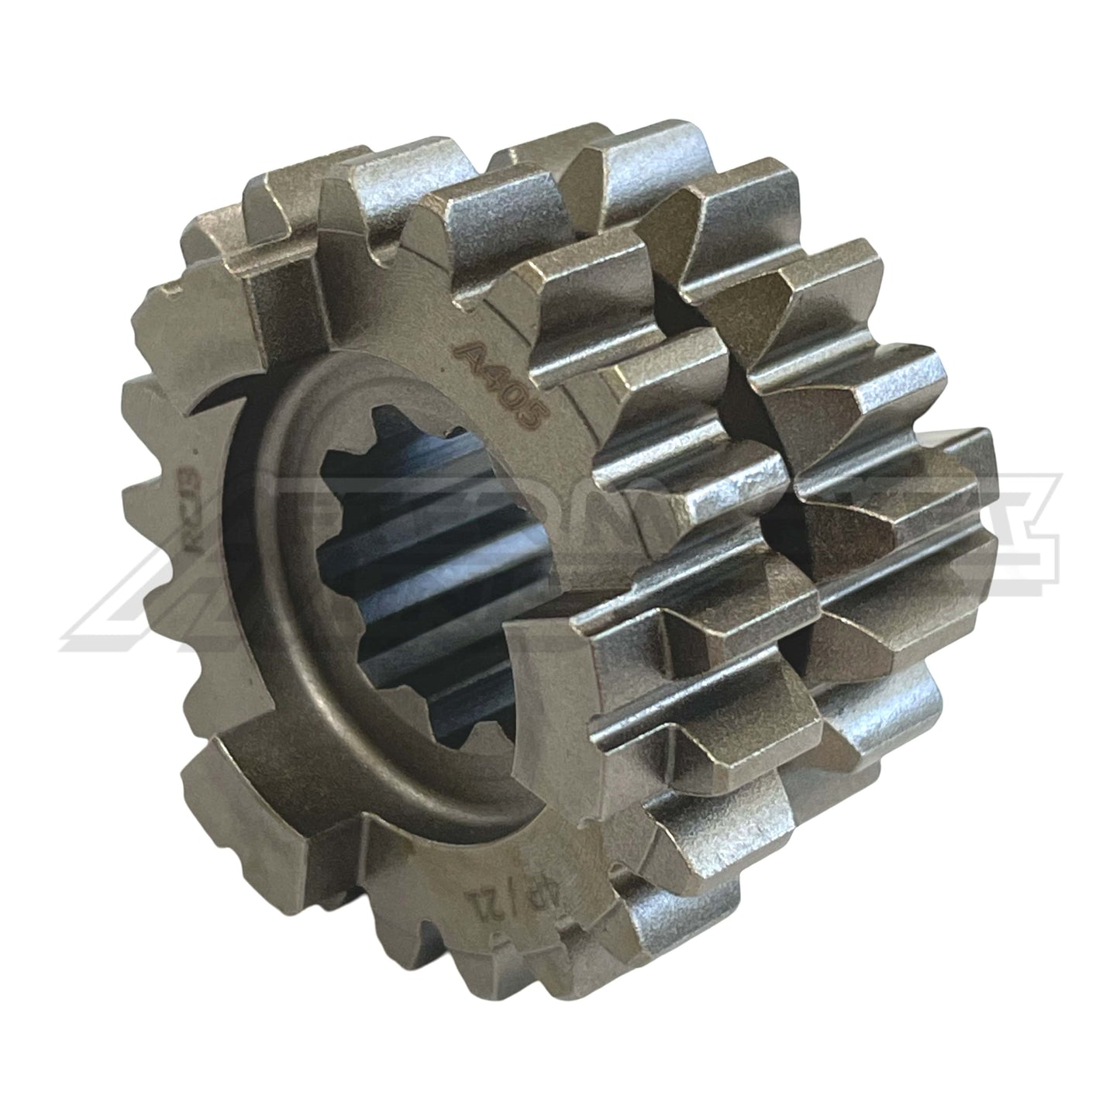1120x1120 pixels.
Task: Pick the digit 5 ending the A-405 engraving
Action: click(x=530, y=416)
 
